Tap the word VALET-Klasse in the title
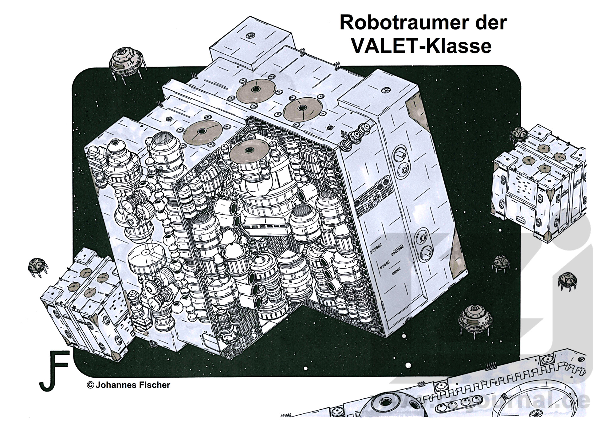tap(421, 46)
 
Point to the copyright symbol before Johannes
tap(90, 385)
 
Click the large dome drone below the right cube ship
tap(475, 320)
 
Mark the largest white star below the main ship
tap(408, 365)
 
